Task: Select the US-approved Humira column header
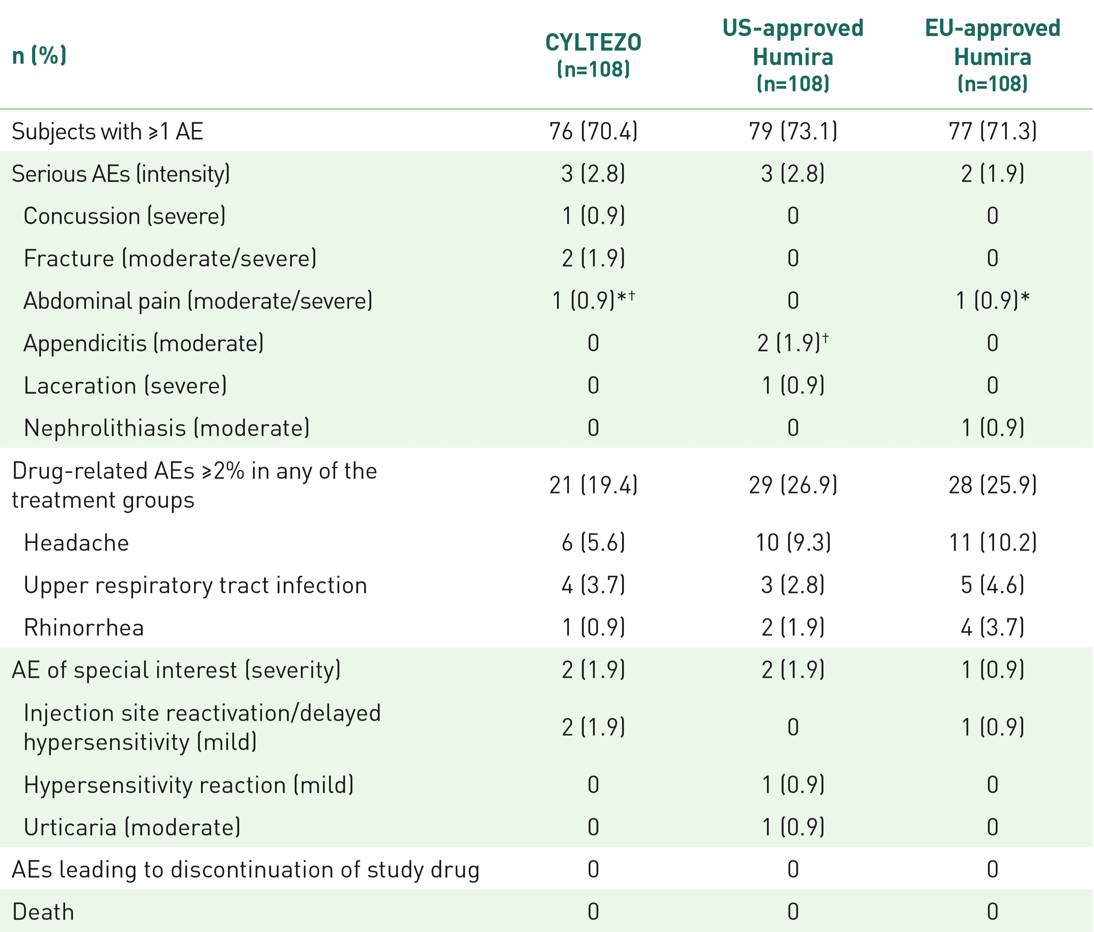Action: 793,55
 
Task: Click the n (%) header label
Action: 40,55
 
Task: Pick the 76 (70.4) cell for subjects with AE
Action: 593,131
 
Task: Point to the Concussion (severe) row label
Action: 125,216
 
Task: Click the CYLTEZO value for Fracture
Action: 593,258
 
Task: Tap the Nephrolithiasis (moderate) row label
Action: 166,428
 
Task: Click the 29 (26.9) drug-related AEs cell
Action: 793,485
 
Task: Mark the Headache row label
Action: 77,543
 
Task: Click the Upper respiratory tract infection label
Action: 195,585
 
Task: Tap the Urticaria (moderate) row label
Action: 132,827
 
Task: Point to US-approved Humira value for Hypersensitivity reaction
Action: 793,785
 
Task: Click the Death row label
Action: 43,912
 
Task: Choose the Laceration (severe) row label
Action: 125,385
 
